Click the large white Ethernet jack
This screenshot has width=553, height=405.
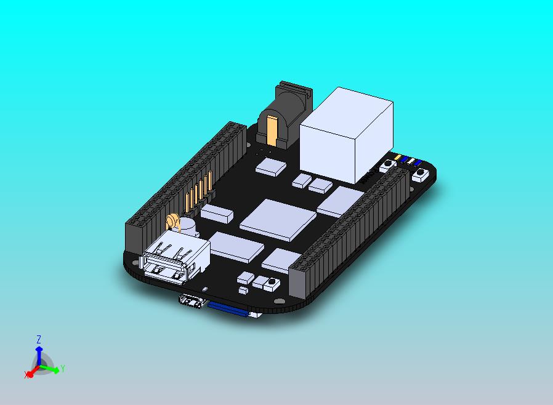tap(347, 135)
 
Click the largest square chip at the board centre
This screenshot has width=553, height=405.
tap(277, 220)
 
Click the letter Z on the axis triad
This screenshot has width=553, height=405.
tap(39, 339)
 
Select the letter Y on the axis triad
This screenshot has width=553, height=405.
tap(63, 369)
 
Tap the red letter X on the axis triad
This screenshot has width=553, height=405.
tap(27, 375)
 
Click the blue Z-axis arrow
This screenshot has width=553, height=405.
tap(39, 355)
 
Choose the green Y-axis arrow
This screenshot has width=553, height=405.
tap(52, 369)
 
